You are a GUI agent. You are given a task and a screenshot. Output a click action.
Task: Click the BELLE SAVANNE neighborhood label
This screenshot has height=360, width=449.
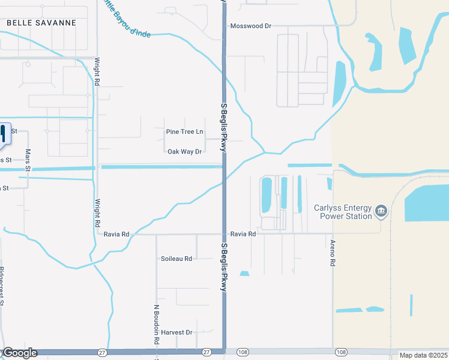tap(41, 23)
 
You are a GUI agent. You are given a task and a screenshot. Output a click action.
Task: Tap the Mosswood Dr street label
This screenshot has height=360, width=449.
tap(252, 26)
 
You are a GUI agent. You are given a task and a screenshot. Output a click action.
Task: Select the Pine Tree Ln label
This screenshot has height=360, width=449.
tap(184, 131)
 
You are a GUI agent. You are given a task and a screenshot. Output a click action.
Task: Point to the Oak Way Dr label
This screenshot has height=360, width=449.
tap(184, 152)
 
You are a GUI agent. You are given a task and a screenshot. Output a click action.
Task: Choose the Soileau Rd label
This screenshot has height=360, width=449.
tap(176, 259)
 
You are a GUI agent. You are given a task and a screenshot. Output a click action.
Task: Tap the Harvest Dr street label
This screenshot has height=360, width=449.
tap(176, 332)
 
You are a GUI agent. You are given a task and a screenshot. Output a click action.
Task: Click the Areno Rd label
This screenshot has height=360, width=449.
tap(332, 252)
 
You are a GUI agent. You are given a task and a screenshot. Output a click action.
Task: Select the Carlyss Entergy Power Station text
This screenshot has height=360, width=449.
tap(343, 212)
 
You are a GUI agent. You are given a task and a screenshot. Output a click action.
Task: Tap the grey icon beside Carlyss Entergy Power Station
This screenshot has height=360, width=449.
tap(381, 211)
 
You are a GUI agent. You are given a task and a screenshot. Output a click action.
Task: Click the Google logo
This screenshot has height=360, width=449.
tap(20, 353)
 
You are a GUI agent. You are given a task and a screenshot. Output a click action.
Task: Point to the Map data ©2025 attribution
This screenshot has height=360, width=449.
tap(423, 355)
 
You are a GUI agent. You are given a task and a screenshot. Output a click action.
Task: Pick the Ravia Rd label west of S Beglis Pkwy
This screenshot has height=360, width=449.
tap(116, 234)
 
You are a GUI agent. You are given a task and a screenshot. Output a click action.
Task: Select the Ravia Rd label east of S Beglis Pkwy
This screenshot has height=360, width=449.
tap(243, 234)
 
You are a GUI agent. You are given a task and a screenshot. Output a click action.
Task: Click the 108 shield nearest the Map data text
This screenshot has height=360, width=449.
tap(341, 352)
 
